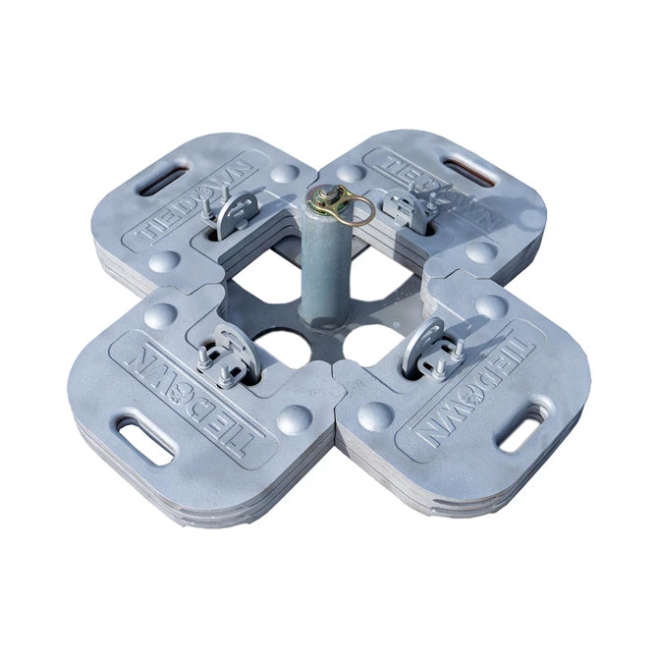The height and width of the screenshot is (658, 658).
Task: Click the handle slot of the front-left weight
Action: pos(145,439)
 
